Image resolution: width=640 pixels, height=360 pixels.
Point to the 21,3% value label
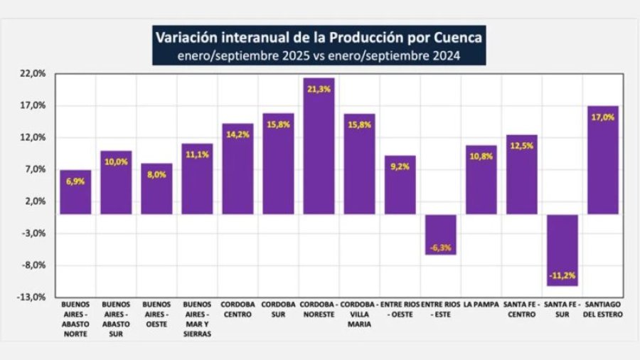[x=319, y=89]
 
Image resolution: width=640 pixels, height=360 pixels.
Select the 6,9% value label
[x=75, y=182]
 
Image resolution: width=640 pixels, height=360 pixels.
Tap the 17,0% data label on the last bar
[x=602, y=117]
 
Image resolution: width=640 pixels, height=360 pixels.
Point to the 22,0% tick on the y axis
[x=33, y=73]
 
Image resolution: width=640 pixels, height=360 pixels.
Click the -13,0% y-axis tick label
[x=33, y=297]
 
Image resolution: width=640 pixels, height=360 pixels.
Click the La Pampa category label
[x=481, y=305]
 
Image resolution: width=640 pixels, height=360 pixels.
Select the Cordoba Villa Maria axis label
[x=359, y=312]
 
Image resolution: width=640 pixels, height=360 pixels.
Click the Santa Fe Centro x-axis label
[x=521, y=308]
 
